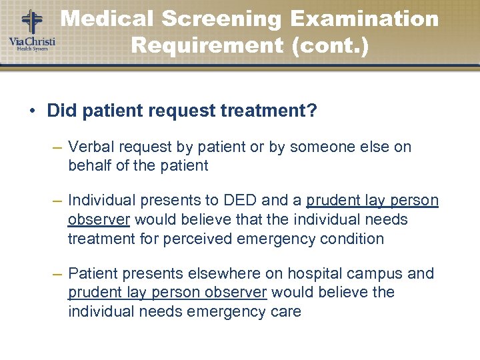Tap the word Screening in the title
click(219, 19)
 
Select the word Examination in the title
click(365, 19)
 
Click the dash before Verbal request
click(57, 147)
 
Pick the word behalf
click(90, 165)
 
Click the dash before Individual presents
click(57, 201)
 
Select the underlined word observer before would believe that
click(99, 219)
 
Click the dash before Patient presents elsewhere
click(57, 274)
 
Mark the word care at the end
click(285, 311)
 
